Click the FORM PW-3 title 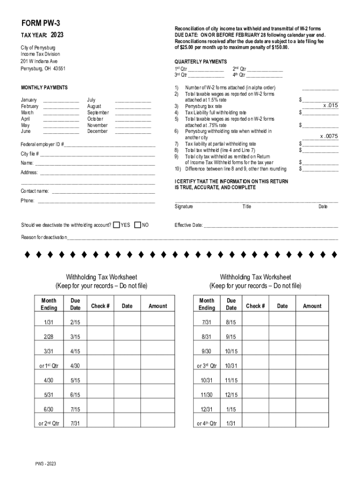coord(41,23)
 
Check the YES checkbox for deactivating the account coord(116,225)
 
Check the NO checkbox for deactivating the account coord(137,225)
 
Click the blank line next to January coord(61,100)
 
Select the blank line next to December coord(133,131)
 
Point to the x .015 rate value coord(330,106)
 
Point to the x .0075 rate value coord(329,136)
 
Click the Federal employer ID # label coord(42,145)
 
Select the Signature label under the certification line coord(184,206)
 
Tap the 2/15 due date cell coord(75,322)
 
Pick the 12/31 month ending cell coord(206,409)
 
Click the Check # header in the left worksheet coord(100,306)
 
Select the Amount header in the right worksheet coord(312,306)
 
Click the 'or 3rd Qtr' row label coord(206,366)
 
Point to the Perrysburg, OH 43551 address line coord(43,68)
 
